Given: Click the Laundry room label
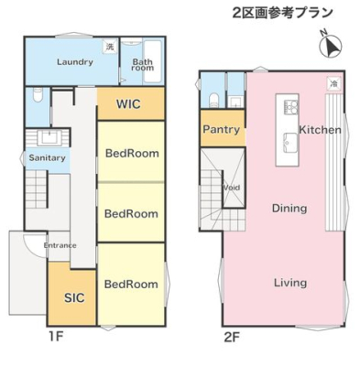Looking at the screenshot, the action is click(75, 62).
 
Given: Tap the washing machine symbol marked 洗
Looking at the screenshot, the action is click(110, 47).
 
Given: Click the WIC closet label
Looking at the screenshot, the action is click(128, 104).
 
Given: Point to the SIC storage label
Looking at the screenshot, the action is click(74, 297).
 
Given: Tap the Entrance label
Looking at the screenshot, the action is click(60, 245).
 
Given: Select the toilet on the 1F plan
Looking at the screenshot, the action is click(38, 95).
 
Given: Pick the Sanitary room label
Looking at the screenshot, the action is click(47, 157).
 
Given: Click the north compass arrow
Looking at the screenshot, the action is click(331, 48).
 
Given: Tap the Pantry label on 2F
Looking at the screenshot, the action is click(222, 129).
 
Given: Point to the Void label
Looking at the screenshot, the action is click(231, 188).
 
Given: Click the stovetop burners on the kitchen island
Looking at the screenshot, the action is click(291, 106).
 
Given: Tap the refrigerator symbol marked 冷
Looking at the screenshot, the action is click(334, 83).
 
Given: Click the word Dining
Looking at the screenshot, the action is click(289, 209).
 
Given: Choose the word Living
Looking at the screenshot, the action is click(290, 283).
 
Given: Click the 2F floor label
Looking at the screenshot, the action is click(232, 337).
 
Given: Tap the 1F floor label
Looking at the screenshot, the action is click(56, 337).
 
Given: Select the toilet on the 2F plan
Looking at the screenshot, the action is click(215, 101).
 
